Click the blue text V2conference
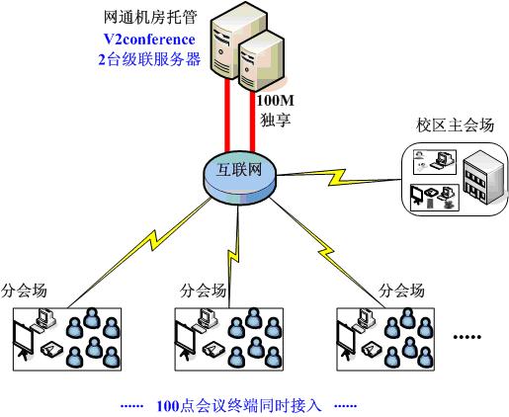(x=149, y=40)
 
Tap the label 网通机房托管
(x=150, y=17)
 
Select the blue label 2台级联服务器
(x=149, y=59)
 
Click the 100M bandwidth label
(x=275, y=101)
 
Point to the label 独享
(x=276, y=120)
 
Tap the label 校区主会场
(x=456, y=125)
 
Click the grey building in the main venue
(x=483, y=177)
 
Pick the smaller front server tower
(x=262, y=61)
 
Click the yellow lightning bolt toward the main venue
(x=339, y=177)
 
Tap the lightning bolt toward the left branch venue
(x=152, y=239)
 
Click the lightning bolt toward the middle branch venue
(x=233, y=255)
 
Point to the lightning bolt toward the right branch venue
(x=326, y=253)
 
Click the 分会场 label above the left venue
(x=24, y=291)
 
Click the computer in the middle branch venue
(x=207, y=319)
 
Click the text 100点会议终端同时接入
(x=239, y=405)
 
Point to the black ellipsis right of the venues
(x=467, y=337)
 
